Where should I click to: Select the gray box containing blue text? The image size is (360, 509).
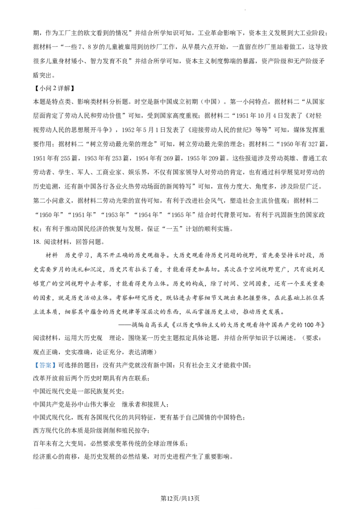(45, 365)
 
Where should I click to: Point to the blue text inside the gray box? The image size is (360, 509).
(45, 366)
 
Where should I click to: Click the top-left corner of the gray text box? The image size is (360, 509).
(33, 360)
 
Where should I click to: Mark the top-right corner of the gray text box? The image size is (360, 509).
(57, 360)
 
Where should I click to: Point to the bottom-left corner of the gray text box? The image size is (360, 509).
(33, 370)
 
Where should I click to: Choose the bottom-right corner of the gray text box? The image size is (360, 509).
(57, 370)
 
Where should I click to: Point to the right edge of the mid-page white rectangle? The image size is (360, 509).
(133, 275)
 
